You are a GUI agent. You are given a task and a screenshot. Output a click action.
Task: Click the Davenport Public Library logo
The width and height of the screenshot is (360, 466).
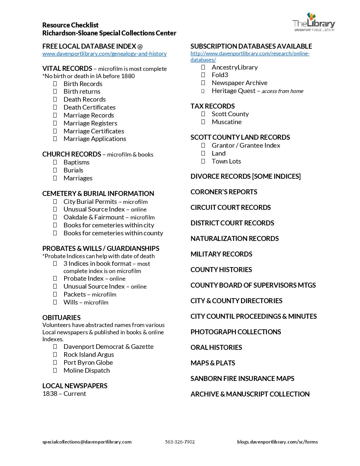313,22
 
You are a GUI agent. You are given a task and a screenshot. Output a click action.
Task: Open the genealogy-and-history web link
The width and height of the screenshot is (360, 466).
104,54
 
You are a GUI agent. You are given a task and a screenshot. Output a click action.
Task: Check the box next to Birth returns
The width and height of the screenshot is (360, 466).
55,91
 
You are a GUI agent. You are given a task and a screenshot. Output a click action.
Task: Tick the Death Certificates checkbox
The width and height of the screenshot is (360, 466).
55,107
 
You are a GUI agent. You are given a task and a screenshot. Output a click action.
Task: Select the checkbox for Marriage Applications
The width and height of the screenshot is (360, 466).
55,139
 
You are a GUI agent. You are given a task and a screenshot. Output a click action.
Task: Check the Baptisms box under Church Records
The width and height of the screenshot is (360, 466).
55,162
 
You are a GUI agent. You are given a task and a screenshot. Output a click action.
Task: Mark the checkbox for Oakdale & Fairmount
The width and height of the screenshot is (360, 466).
55,217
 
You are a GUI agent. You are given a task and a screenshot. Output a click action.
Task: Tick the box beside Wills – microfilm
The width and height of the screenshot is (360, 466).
55,302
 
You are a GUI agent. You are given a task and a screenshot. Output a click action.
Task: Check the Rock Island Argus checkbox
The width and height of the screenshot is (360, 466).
55,354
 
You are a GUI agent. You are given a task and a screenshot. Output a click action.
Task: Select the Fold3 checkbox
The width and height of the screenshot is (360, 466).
203,75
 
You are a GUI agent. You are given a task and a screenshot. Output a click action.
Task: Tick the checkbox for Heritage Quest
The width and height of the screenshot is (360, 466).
203,91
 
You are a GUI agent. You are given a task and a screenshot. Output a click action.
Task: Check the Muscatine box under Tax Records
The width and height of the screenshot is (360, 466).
203,122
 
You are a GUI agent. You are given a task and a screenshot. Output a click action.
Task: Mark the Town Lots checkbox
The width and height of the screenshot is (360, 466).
203,161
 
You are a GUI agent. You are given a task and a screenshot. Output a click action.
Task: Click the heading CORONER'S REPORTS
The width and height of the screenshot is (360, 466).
224,192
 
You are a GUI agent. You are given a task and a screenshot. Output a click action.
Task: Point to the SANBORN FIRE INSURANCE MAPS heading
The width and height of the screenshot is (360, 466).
242,379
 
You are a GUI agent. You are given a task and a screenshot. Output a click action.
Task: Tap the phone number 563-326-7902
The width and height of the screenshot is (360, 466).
180,442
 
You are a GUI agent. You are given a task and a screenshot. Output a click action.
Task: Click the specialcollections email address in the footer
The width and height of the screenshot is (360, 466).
87,442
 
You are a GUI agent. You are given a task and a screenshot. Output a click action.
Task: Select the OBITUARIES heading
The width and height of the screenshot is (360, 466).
61,318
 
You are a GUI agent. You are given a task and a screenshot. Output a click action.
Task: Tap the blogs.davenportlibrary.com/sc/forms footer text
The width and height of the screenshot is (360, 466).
277,442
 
